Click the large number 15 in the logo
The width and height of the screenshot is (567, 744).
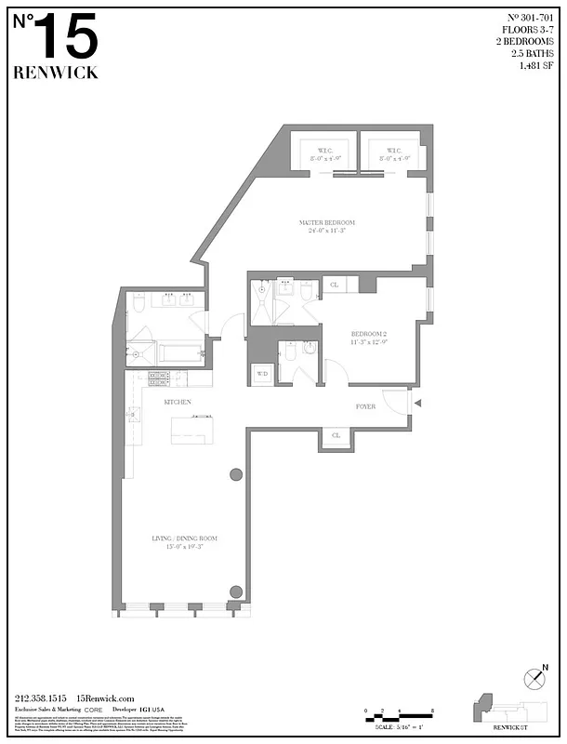coord(67,40)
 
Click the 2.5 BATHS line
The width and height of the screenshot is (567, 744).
coord(534,54)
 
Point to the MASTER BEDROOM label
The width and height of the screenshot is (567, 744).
coord(326,223)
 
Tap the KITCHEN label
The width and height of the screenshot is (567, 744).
coord(178,402)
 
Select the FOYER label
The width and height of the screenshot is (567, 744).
coord(365,406)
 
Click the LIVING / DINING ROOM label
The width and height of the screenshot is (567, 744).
coord(184,538)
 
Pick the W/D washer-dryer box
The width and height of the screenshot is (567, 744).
coord(262,374)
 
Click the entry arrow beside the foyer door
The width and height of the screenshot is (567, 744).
coord(416,403)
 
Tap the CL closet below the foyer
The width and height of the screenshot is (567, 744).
coord(335,435)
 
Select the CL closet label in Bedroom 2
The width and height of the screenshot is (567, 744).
coord(335,286)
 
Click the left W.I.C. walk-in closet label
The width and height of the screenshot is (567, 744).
coord(324,151)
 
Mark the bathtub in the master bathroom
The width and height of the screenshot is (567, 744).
coord(178,353)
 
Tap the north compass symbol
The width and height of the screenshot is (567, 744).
coord(534,680)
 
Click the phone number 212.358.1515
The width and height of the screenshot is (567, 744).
coord(41,698)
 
